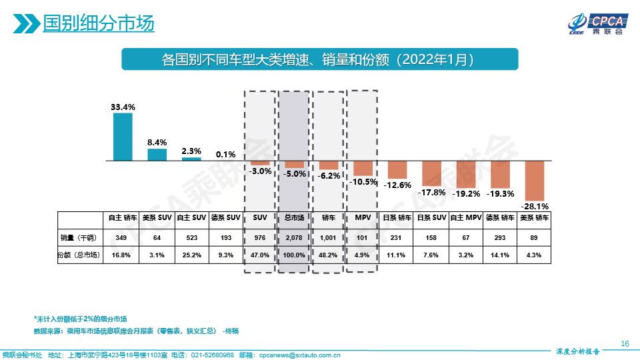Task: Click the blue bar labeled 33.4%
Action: (x=123, y=137)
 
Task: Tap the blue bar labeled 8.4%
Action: (x=157, y=155)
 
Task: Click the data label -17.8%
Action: (x=431, y=193)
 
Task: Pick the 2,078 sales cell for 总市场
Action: (x=294, y=238)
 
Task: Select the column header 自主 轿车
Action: (x=123, y=217)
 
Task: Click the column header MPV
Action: (x=363, y=217)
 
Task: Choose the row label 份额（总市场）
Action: (x=81, y=255)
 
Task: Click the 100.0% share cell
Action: (x=294, y=255)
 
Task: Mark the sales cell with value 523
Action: (x=191, y=238)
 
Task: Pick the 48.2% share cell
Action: (x=328, y=255)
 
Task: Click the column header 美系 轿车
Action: (x=535, y=217)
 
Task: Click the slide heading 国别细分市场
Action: (x=98, y=24)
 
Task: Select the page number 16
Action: (x=624, y=343)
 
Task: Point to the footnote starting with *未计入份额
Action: (x=80, y=319)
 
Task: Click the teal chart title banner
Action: (x=319, y=59)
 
